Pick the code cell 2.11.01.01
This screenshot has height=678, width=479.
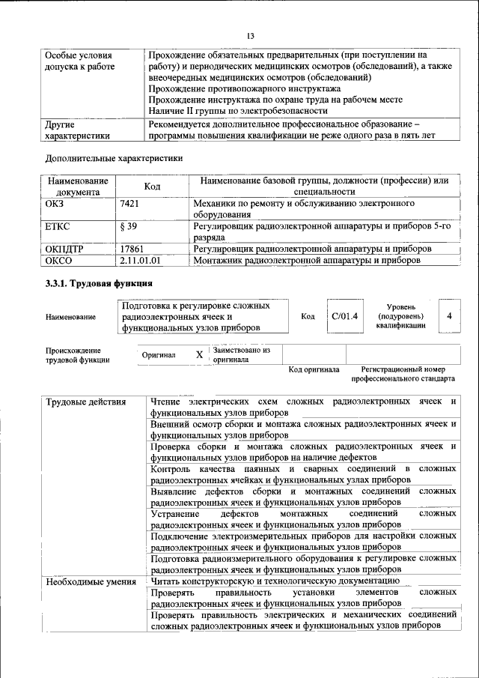pos(141,260)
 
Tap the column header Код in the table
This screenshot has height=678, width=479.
pos(153,186)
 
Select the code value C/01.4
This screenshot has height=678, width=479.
pos(344,316)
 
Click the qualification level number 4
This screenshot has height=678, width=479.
pos(448,316)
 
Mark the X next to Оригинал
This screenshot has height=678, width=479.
pos(199,354)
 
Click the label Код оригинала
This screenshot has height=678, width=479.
pos(314,369)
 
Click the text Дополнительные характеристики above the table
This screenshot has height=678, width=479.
pos(113,158)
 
